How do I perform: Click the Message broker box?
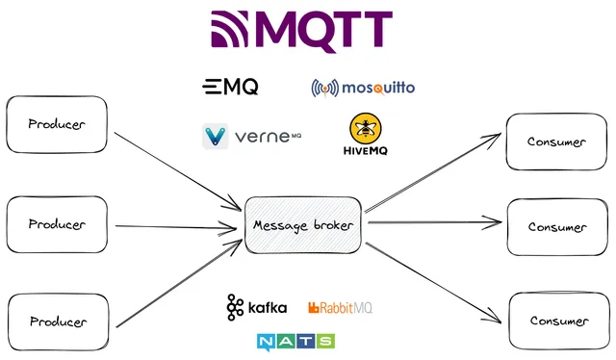pos(304,225)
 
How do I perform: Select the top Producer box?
pos(57,124)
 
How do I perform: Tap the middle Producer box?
pos(57,224)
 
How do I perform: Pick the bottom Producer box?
pos(57,321)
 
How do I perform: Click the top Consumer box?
pos(556,141)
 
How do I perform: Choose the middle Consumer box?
pos(556,227)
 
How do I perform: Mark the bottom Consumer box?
pos(556,321)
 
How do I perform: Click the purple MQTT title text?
pos(327,32)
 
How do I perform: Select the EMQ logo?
pos(230,88)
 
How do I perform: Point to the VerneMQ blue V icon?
pos(216,137)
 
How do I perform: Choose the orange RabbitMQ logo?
pos(340,308)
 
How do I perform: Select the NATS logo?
pos(295,341)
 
